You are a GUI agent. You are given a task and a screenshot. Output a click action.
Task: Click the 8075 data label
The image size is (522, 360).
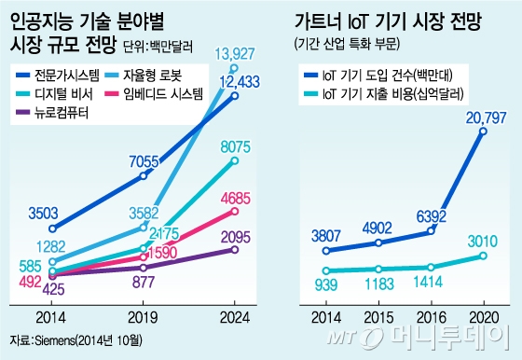pyautogui.click(x=239, y=145)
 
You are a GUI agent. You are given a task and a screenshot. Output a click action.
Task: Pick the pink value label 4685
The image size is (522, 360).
pyautogui.click(x=239, y=197)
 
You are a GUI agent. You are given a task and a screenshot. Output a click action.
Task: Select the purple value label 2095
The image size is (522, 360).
pyautogui.click(x=239, y=237)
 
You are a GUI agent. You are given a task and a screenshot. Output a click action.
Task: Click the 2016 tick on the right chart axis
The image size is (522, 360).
pyautogui.click(x=429, y=315)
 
